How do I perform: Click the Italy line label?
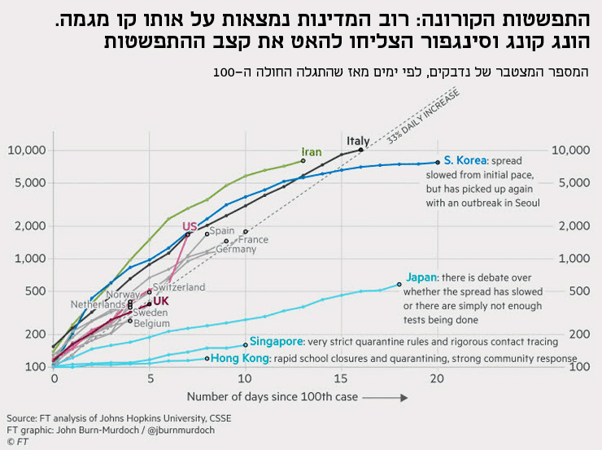(358, 140)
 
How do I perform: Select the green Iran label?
(312, 152)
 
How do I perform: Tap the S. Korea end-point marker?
(438, 162)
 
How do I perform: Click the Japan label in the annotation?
(421, 277)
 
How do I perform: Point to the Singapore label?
(276, 342)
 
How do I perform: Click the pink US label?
(190, 226)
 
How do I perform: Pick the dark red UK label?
(161, 301)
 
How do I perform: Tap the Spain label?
(222, 231)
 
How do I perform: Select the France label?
(253, 240)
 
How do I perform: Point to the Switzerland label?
(179, 287)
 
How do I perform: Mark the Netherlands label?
(98, 304)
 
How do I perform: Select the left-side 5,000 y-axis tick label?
(28, 183)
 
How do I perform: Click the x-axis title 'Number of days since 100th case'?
(273, 397)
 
